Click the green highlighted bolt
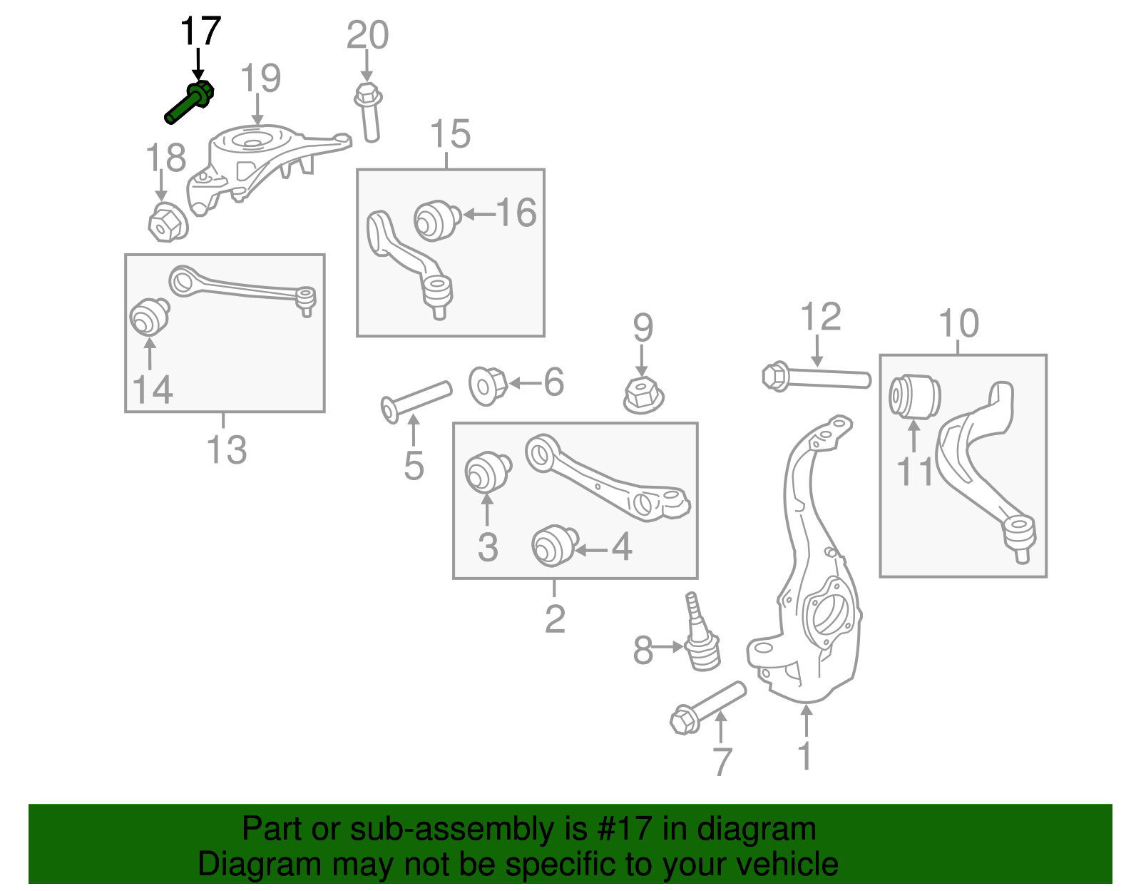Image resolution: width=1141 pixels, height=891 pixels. (189, 103)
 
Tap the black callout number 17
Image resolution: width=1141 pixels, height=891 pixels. (200, 32)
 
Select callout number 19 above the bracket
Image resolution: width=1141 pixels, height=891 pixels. (260, 78)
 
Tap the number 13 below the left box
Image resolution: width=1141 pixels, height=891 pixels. (226, 450)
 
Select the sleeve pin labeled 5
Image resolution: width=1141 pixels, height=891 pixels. (416, 400)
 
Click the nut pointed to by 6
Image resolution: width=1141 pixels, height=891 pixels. (488, 385)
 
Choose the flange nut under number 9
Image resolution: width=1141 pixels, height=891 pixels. (643, 395)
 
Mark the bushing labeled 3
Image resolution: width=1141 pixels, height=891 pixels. (487, 472)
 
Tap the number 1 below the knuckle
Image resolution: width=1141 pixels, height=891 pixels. (805, 757)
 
